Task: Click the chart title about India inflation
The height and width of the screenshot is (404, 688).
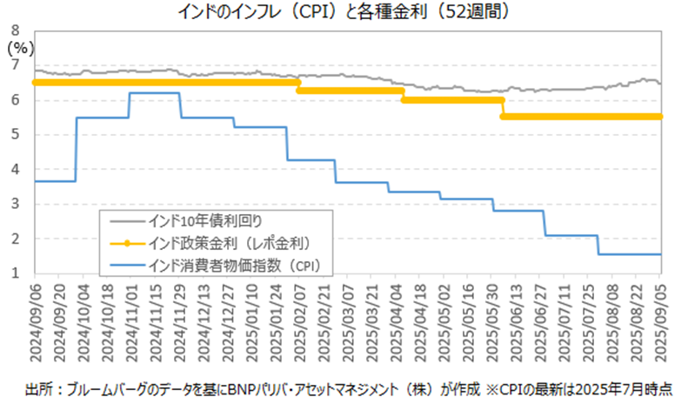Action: pos(344,11)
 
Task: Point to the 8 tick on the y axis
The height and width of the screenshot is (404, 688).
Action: pos(15,31)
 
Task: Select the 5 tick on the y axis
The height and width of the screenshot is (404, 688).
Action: pos(15,135)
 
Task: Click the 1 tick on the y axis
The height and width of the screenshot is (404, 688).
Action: pos(15,273)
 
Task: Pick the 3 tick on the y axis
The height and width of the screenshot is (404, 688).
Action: pos(15,205)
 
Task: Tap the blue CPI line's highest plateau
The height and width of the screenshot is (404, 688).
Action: pos(154,93)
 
